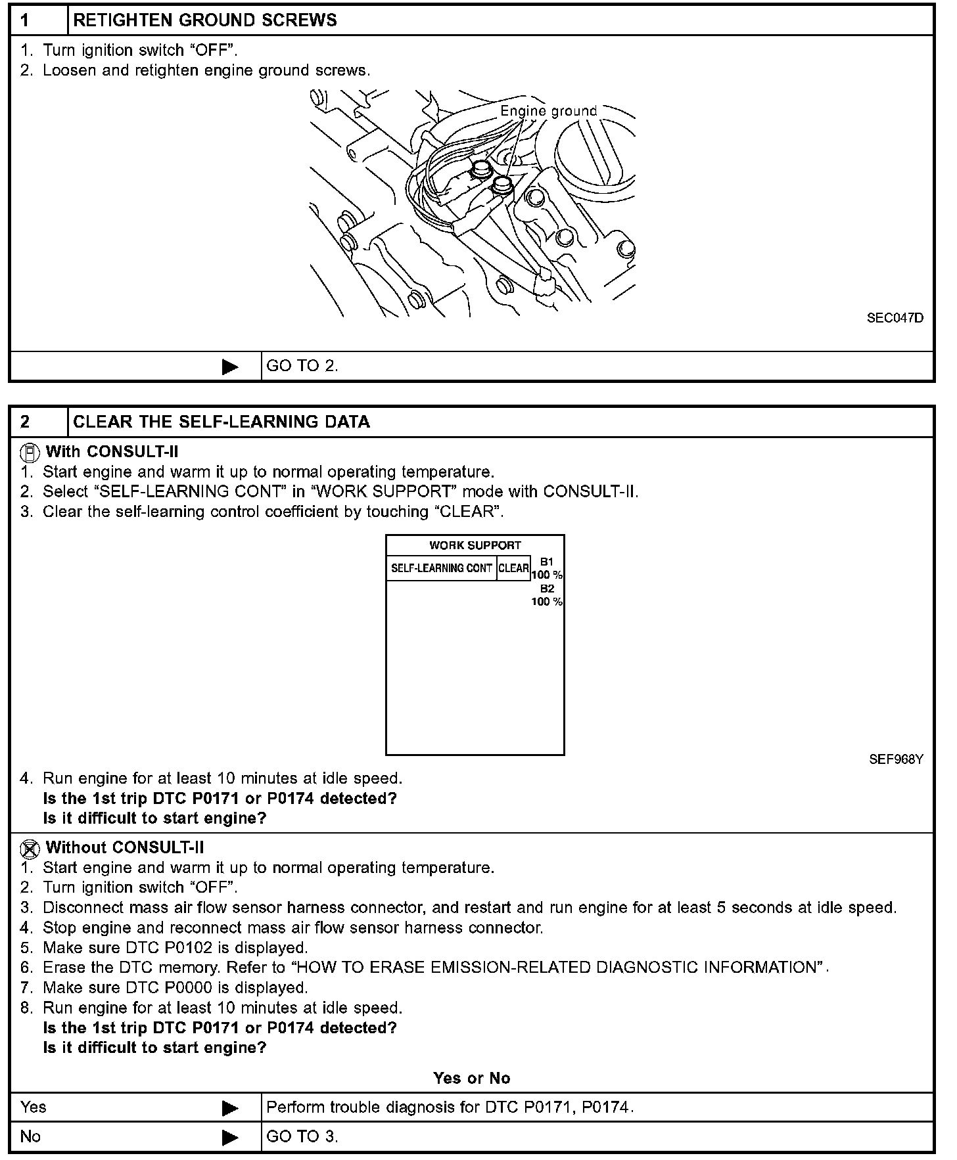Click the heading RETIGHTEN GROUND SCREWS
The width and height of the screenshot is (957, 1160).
point(204,20)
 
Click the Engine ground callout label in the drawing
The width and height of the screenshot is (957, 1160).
point(548,110)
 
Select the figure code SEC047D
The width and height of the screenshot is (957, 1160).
point(895,318)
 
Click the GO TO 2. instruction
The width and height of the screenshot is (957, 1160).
point(302,366)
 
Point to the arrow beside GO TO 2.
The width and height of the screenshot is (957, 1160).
point(230,367)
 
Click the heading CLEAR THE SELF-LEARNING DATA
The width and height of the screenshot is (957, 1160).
point(222,422)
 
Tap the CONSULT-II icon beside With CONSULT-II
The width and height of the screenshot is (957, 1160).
point(30,452)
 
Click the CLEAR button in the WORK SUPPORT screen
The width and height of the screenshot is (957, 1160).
point(513,568)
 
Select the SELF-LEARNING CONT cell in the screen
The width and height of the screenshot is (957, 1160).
point(441,568)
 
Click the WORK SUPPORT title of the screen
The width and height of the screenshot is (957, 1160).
point(475,545)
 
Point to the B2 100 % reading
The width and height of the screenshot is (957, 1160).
point(547,595)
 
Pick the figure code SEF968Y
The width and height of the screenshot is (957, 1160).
point(896,759)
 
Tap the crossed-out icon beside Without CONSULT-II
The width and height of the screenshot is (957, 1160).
point(30,849)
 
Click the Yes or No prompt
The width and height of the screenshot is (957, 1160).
point(471,1078)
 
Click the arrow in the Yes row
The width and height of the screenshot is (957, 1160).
point(230,1108)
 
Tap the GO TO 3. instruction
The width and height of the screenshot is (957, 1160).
point(302,1136)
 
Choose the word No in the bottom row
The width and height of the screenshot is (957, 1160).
point(30,1136)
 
